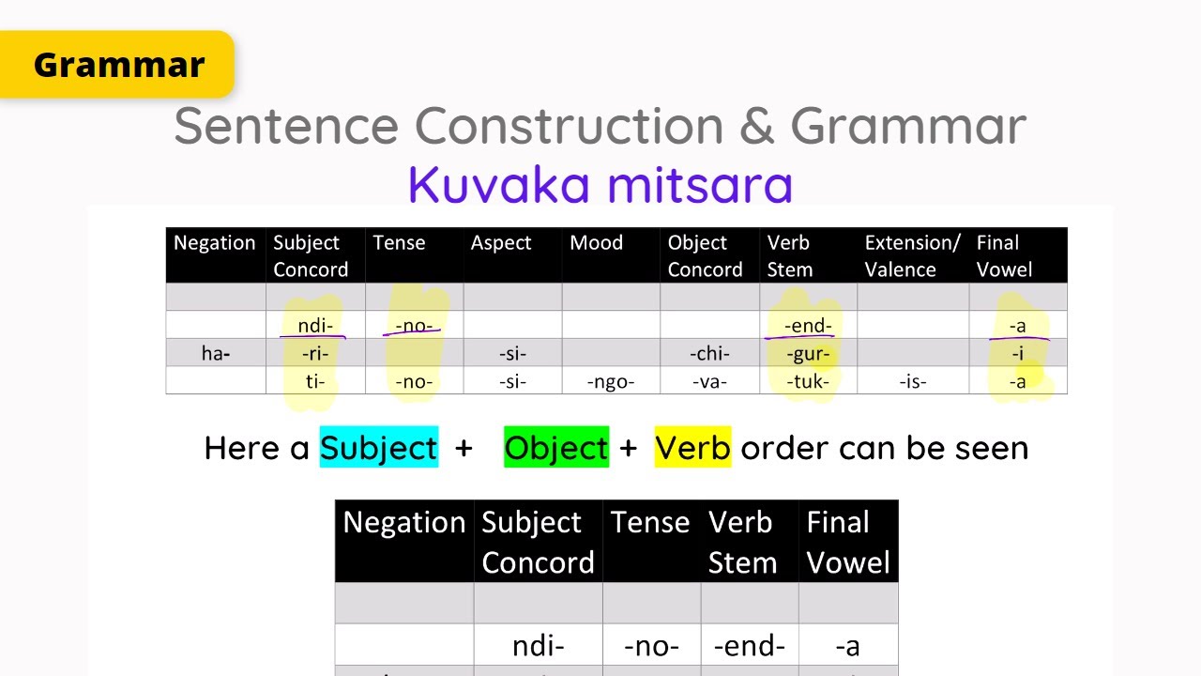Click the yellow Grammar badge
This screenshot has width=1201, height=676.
[x=117, y=64]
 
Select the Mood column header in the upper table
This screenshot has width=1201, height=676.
[x=596, y=243]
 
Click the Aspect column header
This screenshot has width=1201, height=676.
[x=501, y=243]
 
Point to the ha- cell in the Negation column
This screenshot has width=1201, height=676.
[x=216, y=354]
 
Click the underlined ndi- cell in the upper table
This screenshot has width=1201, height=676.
[x=315, y=326]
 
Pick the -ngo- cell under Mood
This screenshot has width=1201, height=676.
[x=610, y=381]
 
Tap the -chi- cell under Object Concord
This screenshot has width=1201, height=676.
[x=709, y=354]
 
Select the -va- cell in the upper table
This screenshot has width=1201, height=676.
[x=708, y=381]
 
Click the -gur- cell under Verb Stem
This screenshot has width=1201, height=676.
[x=808, y=354]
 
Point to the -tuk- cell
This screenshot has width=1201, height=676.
[x=808, y=381]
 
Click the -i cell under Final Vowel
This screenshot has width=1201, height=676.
[x=1017, y=354]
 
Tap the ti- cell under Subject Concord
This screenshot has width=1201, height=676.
[x=315, y=381]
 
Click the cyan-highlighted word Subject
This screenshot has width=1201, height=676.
[x=379, y=448]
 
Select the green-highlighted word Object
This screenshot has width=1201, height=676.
[x=556, y=448]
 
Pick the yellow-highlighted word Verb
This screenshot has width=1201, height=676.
[x=692, y=448]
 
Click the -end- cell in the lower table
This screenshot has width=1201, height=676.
[x=749, y=646]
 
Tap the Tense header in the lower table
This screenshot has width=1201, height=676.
[x=650, y=522]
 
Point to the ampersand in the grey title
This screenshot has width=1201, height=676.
[x=756, y=126]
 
